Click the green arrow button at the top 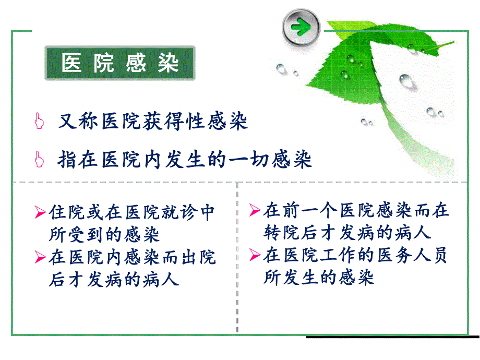(x=301, y=27)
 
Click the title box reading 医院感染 (x=121, y=64)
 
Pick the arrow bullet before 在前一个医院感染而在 (x=255, y=210)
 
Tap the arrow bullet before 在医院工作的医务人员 (x=255, y=255)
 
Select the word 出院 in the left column (x=201, y=257)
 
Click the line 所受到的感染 (x=104, y=235)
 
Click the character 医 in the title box (x=71, y=64)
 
